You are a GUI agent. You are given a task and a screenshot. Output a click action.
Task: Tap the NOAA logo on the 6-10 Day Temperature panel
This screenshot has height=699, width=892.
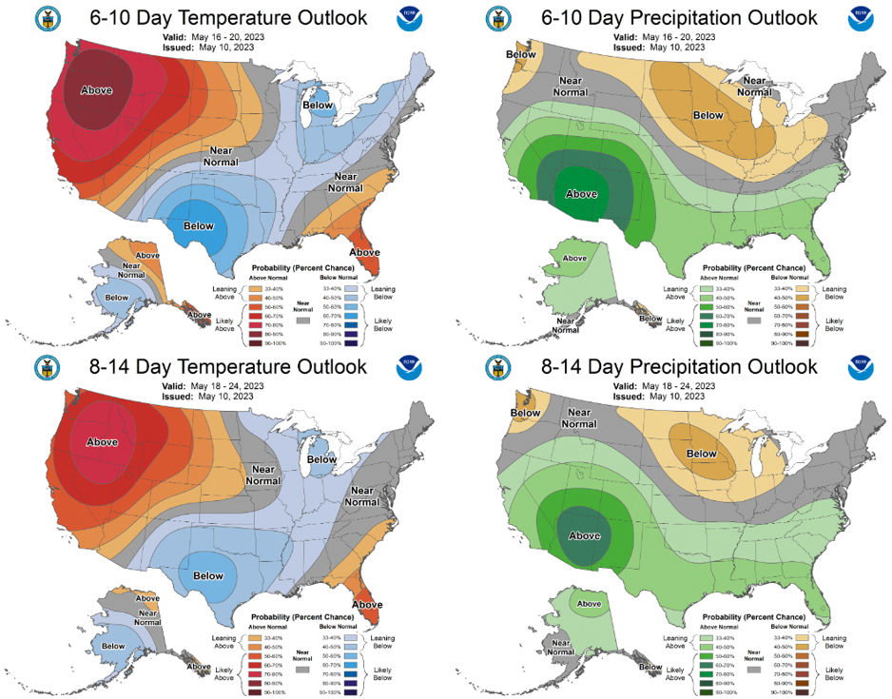click(407, 19)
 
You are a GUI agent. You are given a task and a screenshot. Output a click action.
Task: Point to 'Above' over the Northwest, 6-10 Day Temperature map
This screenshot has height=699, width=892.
click(96, 90)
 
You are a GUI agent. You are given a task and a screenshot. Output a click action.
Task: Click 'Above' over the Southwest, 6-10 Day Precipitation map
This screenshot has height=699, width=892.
click(581, 193)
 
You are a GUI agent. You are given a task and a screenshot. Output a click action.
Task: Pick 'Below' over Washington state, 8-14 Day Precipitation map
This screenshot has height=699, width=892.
click(525, 413)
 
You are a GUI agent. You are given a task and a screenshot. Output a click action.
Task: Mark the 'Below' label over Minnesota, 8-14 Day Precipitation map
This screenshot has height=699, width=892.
click(702, 454)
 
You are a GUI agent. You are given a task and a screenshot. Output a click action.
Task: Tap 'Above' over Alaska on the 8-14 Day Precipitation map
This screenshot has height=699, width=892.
click(589, 603)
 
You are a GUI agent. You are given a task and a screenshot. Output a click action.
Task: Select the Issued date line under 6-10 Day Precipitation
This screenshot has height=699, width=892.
click(666, 48)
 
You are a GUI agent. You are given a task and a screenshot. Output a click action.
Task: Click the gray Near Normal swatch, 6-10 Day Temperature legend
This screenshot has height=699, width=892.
click(301, 321)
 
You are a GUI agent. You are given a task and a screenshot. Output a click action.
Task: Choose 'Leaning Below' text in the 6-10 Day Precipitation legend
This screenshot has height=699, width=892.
click(835, 292)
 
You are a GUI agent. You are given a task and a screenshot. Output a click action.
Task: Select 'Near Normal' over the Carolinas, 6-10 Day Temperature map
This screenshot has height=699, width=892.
click(345, 182)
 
